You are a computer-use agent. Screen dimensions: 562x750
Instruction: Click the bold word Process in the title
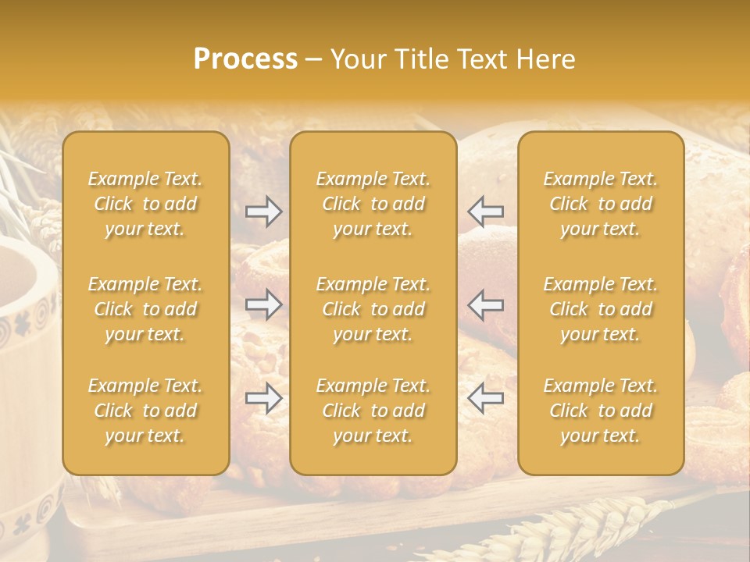(245, 59)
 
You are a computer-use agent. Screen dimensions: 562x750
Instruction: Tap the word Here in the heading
(546, 59)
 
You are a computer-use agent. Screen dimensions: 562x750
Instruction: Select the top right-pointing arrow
(263, 212)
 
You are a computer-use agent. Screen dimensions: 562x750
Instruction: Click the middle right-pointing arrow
(263, 304)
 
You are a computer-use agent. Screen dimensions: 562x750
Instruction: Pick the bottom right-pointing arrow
(263, 398)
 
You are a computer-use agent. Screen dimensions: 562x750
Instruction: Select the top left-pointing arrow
(486, 212)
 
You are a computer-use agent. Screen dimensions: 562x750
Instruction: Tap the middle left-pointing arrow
(486, 304)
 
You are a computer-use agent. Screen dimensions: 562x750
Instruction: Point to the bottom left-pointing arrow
(486, 398)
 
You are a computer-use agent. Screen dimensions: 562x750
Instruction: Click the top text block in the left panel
(145, 204)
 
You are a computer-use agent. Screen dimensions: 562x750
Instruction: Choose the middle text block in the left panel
(145, 309)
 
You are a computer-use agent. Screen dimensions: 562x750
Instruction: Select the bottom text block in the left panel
(145, 411)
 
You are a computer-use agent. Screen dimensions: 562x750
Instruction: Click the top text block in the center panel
(373, 204)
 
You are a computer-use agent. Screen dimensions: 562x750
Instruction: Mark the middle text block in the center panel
(373, 309)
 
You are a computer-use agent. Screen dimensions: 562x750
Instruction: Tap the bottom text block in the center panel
(373, 411)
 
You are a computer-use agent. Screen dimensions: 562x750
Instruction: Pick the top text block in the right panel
(601, 204)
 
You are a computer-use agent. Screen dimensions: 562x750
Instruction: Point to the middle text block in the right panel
(601, 309)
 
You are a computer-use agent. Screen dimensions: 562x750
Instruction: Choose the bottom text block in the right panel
(601, 411)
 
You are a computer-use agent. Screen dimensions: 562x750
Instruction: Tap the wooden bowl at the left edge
(23, 328)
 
